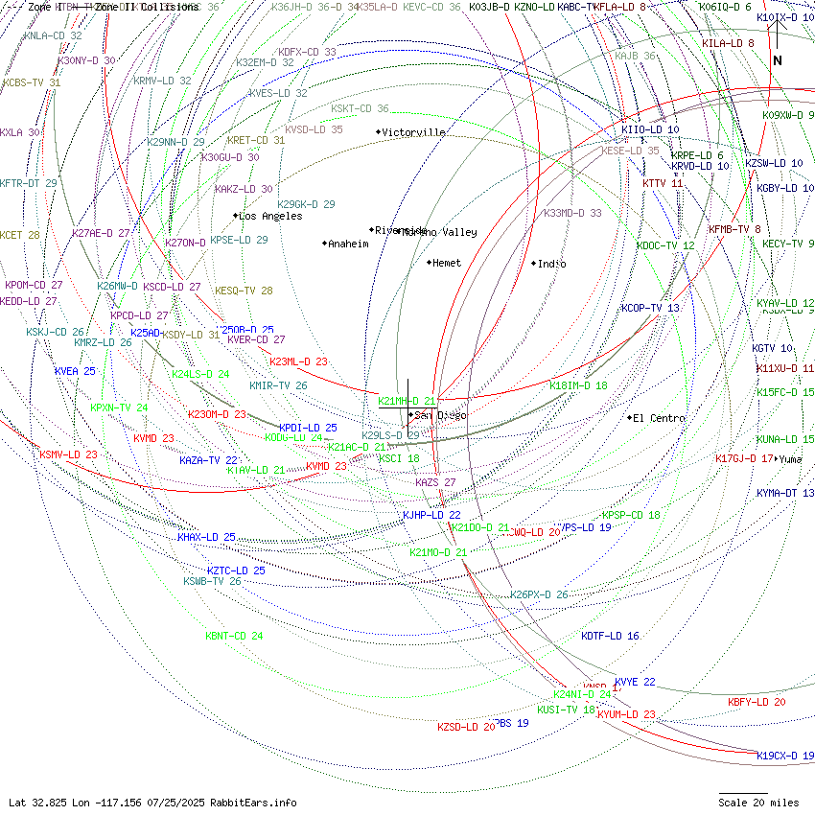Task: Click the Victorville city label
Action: pos(414,132)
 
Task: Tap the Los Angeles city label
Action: pos(270,216)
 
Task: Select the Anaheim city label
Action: pos(349,244)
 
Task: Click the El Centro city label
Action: pos(660,418)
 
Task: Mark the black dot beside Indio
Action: pos(534,263)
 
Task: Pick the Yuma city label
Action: pos(791,459)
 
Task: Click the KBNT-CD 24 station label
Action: pos(234,636)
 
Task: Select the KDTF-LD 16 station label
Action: pos(610,636)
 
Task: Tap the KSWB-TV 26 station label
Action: pos(212,581)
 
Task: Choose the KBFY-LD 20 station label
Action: pos(757,702)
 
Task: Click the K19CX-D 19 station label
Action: pos(785,756)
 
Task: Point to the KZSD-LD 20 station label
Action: pos(466,727)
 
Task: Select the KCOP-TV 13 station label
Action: pos(650,308)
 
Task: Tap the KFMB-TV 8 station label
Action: pos(734,229)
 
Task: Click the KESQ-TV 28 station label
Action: pos(244,291)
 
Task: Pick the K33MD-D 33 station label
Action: pos(572,213)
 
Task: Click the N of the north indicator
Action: pos(778,60)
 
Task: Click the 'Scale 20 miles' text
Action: pos(758,803)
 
